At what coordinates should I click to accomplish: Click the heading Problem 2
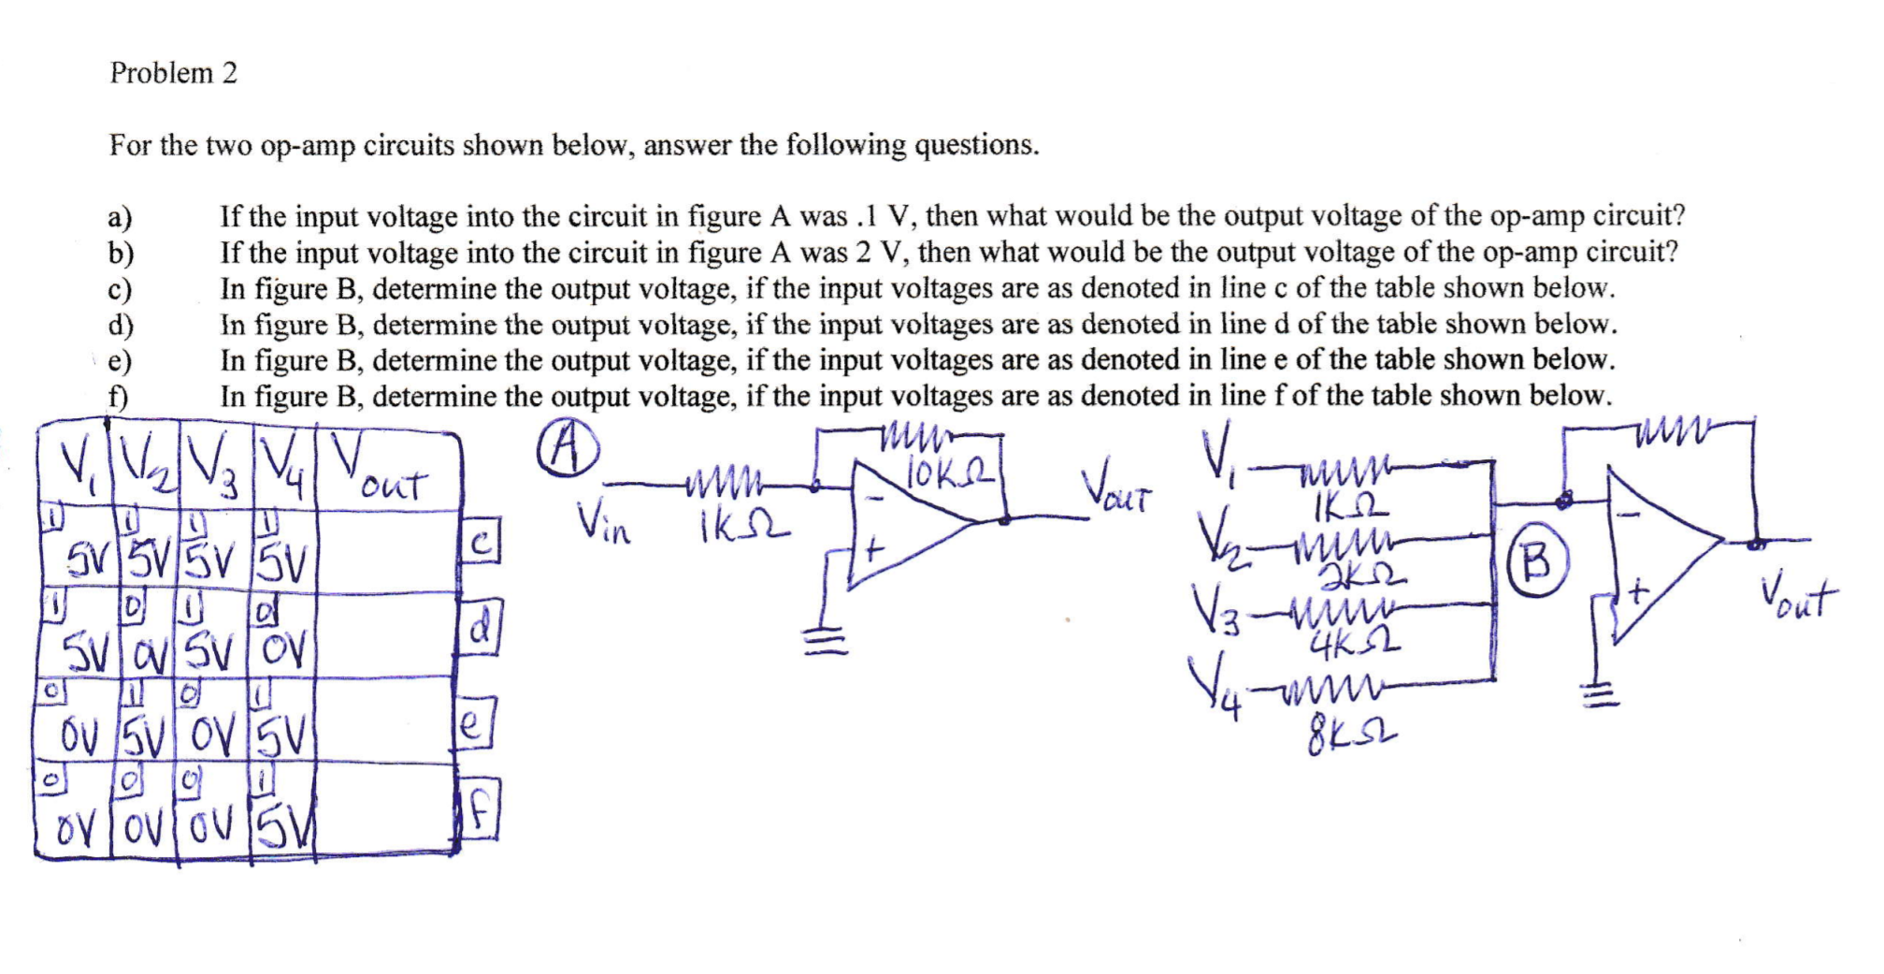(x=174, y=73)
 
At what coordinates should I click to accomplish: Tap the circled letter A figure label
(x=568, y=453)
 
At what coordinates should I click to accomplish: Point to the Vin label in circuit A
(x=603, y=520)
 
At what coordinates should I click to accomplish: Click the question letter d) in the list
(x=121, y=325)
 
